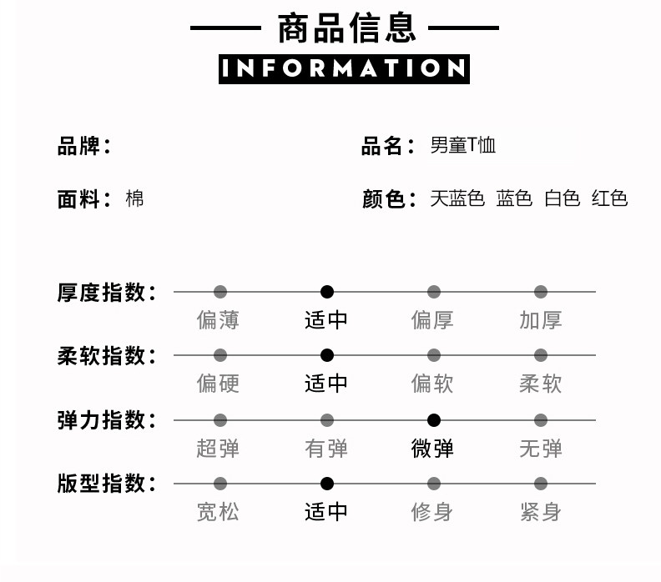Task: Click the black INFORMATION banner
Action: click(x=344, y=68)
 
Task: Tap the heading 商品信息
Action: click(x=346, y=28)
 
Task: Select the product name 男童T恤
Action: click(x=463, y=146)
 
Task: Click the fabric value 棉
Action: click(x=134, y=198)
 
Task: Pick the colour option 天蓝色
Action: click(x=457, y=198)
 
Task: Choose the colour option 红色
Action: click(x=609, y=198)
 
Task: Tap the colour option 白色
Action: click(x=562, y=198)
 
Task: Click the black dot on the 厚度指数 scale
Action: click(x=327, y=292)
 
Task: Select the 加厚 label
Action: click(x=541, y=319)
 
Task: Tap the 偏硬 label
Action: click(x=219, y=384)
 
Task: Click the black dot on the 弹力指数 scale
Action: click(x=434, y=420)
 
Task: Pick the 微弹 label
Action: click(x=433, y=448)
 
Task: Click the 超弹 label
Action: click(x=219, y=448)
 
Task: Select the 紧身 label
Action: click(x=541, y=511)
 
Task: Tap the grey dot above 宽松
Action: click(x=220, y=484)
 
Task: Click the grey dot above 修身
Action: click(x=434, y=484)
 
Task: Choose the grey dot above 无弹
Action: click(x=541, y=420)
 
